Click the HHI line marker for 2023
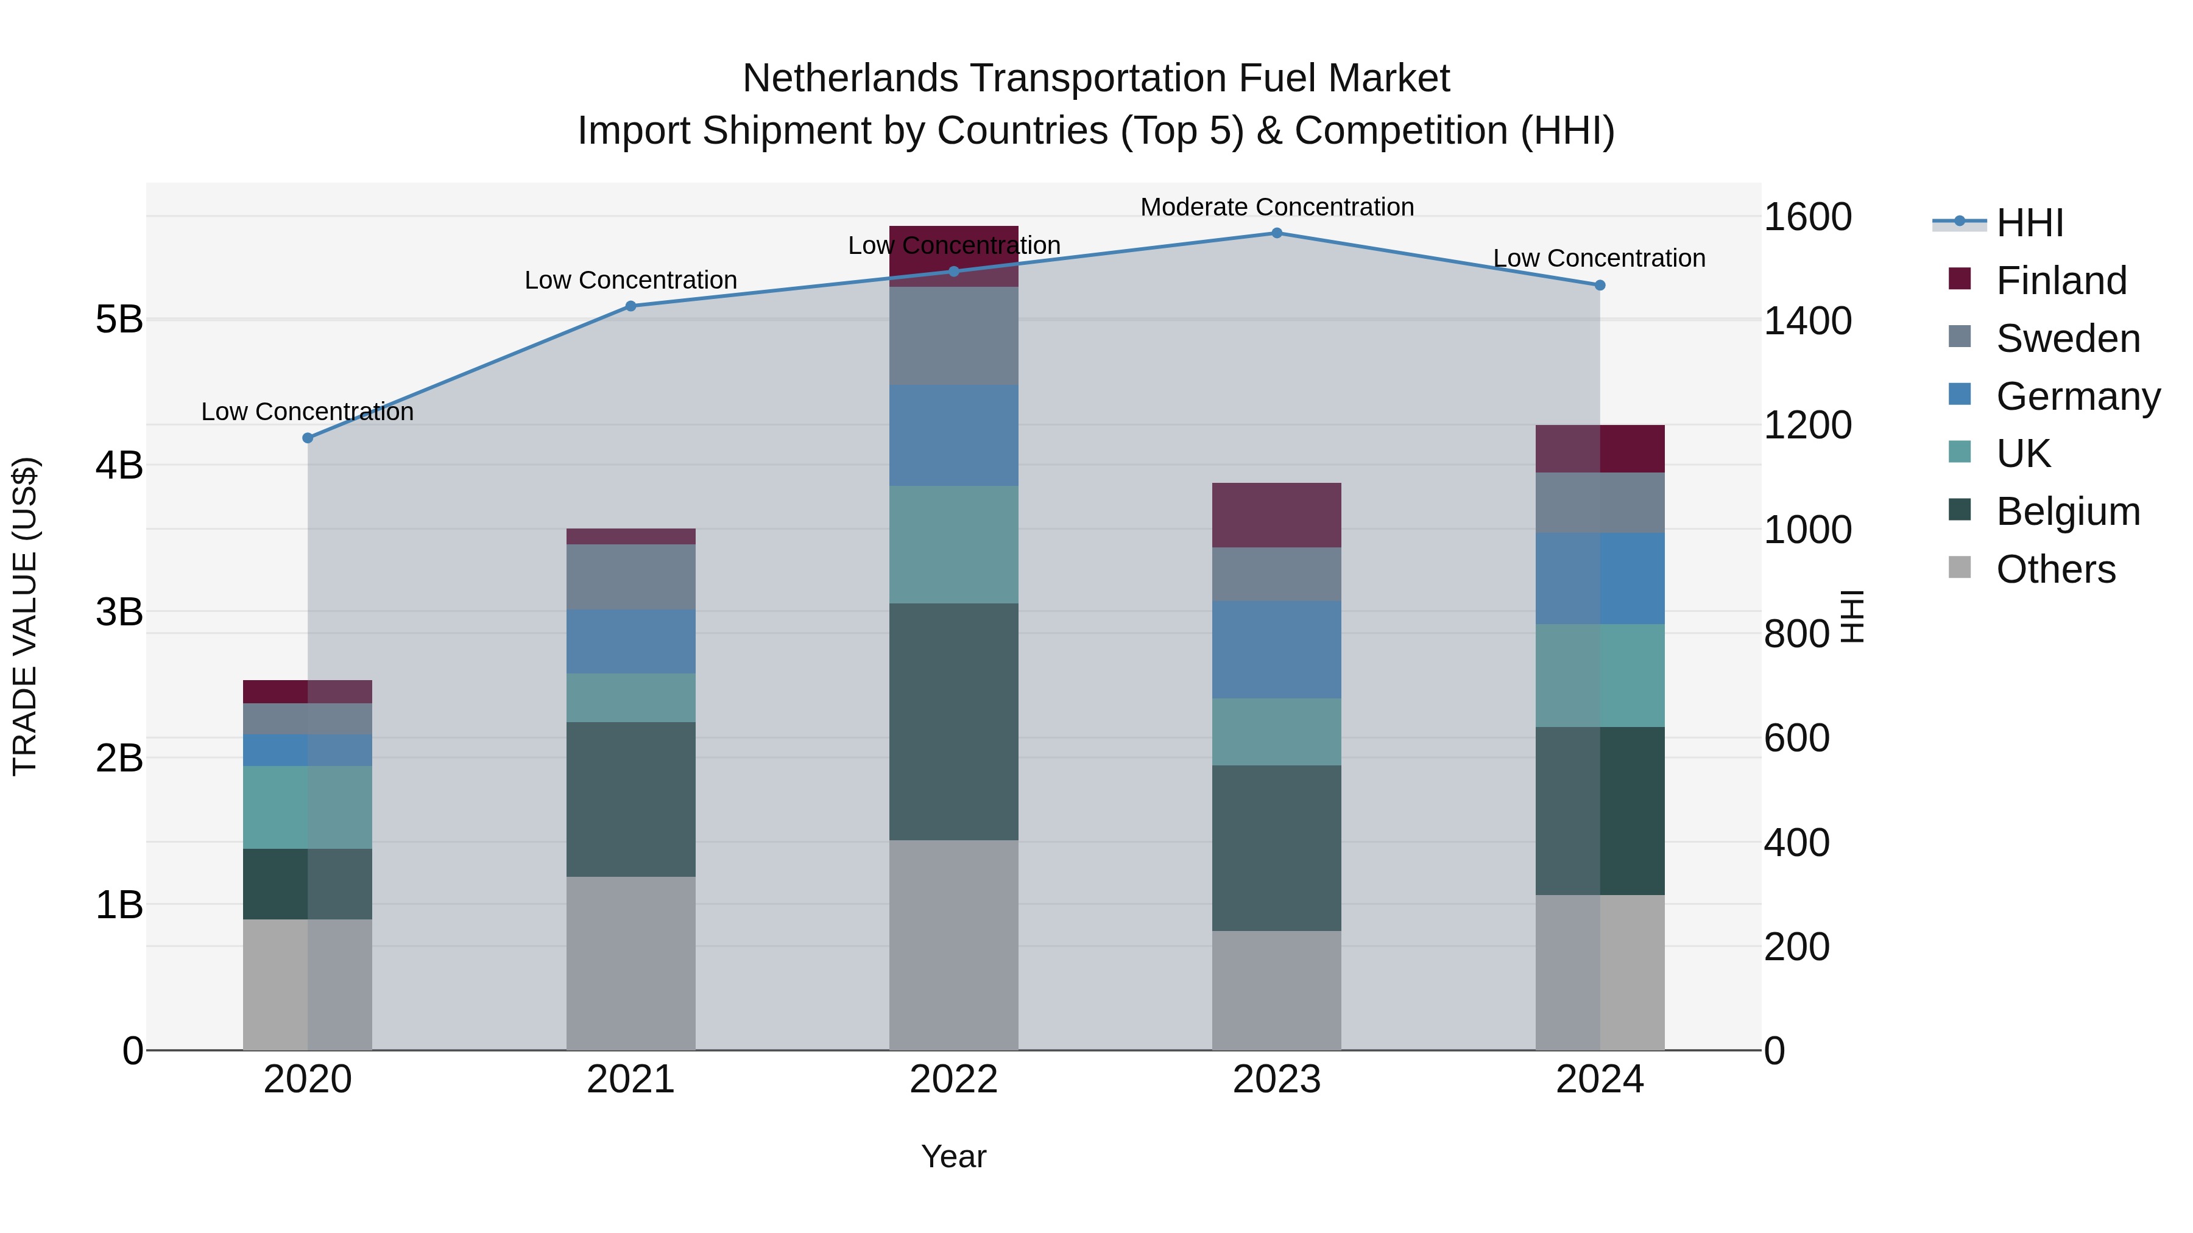click(1276, 233)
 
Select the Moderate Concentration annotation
click(1276, 207)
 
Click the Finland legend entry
click(2060, 281)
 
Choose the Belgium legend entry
click(2067, 511)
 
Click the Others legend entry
click(2055, 569)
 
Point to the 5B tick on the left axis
click(119, 320)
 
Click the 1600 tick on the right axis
click(1807, 217)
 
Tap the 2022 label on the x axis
click(953, 1080)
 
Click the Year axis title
click(953, 1156)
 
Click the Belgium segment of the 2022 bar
click(953, 722)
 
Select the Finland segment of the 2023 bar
click(1276, 515)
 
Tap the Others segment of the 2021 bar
click(631, 963)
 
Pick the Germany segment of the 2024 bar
click(1600, 578)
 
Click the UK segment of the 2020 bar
click(308, 807)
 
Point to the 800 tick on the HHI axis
click(1796, 634)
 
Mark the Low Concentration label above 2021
click(631, 280)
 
